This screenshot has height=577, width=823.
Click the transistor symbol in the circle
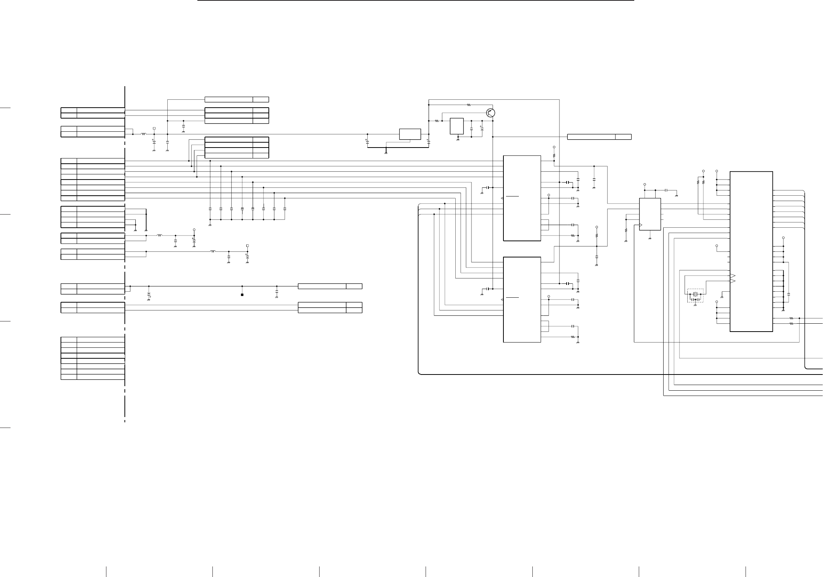(x=490, y=113)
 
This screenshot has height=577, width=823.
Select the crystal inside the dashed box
(x=696, y=294)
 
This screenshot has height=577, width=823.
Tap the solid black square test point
(x=242, y=295)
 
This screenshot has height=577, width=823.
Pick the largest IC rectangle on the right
(x=751, y=251)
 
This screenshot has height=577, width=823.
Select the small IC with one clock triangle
(x=650, y=214)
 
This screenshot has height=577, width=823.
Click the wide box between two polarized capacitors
(x=410, y=134)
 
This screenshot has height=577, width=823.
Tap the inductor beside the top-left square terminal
(x=144, y=134)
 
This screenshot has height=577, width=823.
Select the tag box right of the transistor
(x=599, y=137)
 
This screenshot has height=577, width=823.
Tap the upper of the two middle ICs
(x=522, y=198)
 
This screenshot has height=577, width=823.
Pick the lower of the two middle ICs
(x=522, y=300)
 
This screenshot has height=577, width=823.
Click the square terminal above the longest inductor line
(x=247, y=245)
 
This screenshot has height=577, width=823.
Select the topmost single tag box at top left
(x=236, y=99)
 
